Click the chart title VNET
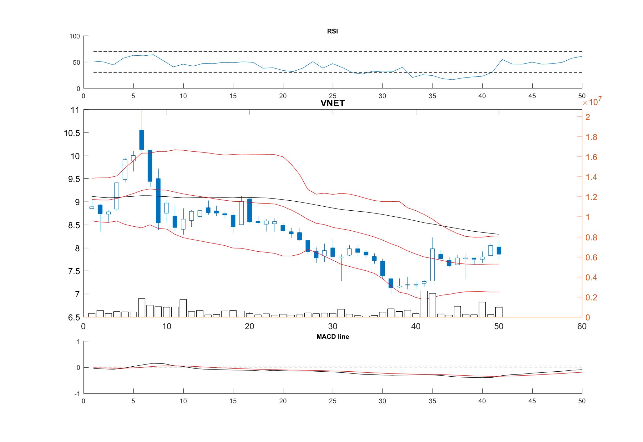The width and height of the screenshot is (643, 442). pos(332,103)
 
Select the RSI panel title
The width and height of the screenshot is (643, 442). pos(332,31)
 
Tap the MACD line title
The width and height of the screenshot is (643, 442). pos(332,337)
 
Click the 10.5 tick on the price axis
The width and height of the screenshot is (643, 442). pos(72,133)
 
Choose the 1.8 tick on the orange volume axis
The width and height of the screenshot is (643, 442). pos(591,137)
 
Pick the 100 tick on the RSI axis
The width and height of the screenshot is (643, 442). pos(75,36)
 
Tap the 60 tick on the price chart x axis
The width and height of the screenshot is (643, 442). pos(582,327)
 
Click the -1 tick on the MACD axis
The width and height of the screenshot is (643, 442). pos(77,394)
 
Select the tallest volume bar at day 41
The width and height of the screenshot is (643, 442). pos(424,304)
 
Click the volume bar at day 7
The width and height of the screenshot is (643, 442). pos(142,308)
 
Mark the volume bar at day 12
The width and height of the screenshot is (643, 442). pos(183,308)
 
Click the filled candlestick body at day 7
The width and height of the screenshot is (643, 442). pos(142,140)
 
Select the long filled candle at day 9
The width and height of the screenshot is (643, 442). pos(158,201)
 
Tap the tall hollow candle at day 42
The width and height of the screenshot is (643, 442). pos(433,265)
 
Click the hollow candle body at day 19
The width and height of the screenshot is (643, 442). pos(241,213)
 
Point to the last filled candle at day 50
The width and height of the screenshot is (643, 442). pos(499,250)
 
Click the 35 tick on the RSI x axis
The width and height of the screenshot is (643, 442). pos(432,96)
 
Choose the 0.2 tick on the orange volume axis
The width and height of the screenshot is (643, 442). pos(591,298)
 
